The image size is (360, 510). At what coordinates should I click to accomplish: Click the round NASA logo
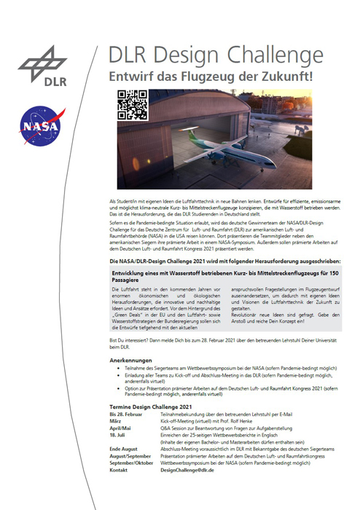[x=38, y=125]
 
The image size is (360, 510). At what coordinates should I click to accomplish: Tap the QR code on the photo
[x=132, y=103]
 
